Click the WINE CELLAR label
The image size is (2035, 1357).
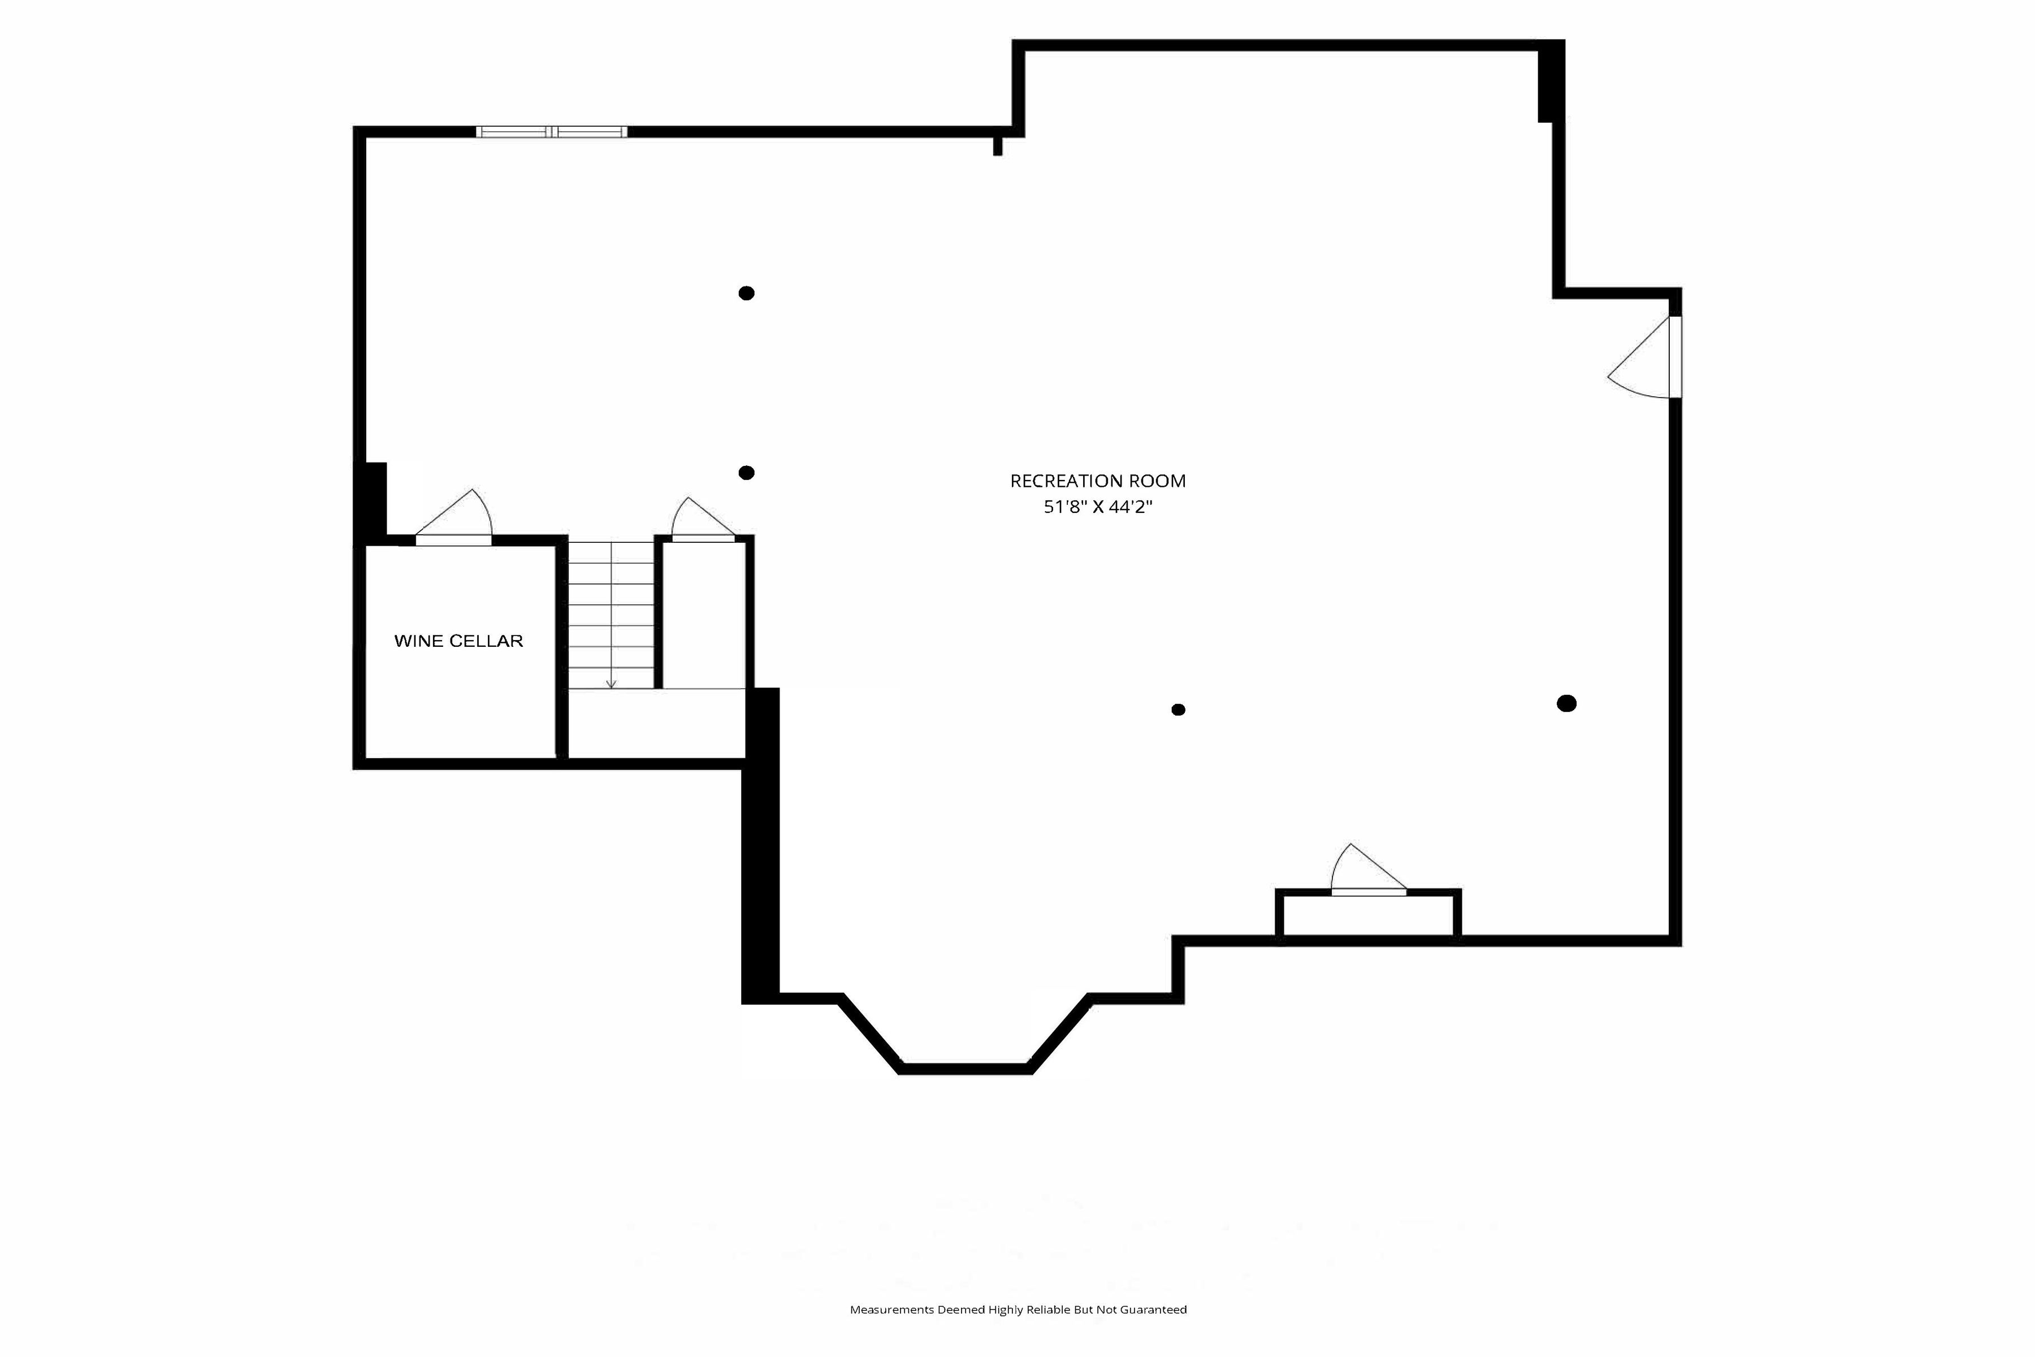[458, 641]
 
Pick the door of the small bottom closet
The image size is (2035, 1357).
[1368, 869]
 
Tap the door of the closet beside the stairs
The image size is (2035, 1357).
[703, 519]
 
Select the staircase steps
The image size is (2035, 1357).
[611, 615]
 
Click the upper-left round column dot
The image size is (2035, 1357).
[747, 293]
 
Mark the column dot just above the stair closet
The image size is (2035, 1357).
[747, 473]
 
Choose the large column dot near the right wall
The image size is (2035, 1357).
[1567, 703]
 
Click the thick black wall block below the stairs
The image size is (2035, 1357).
[760, 845]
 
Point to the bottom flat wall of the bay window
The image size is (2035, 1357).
[965, 1068]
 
